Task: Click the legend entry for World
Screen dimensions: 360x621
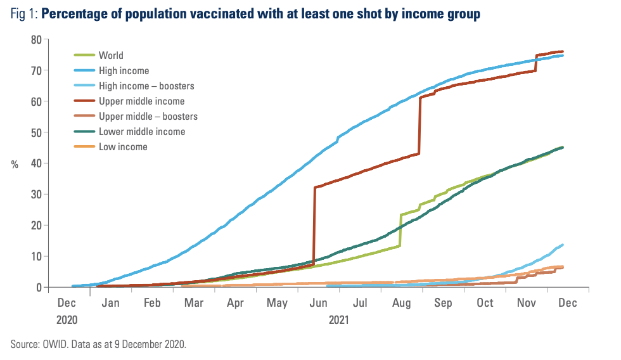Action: coord(110,55)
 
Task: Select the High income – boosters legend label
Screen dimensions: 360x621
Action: coord(146,86)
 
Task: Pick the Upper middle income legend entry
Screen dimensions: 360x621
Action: coord(141,101)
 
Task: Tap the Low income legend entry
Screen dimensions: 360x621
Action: coord(122,146)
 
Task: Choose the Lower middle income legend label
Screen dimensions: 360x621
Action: coord(142,131)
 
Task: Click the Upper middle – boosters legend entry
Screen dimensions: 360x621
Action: coord(148,116)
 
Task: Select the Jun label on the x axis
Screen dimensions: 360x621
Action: coord(317,304)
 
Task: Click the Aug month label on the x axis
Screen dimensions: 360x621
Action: coord(400,304)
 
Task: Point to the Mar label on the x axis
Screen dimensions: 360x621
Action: coord(193,304)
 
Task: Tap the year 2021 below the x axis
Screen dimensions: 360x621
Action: coord(338,319)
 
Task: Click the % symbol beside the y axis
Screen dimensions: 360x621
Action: coord(15,164)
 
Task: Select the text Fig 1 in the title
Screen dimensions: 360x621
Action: coord(24,14)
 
